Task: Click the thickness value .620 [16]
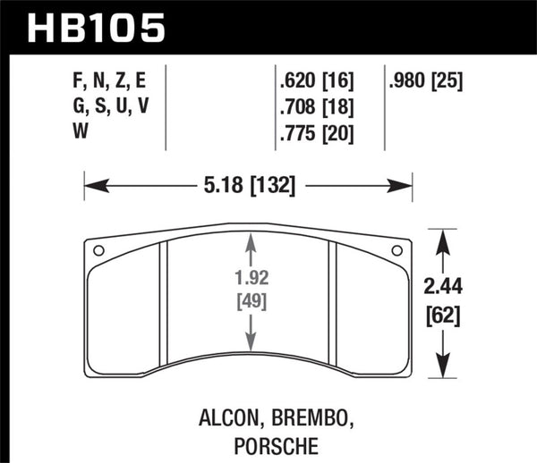[x=316, y=82]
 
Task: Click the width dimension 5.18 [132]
[x=244, y=187]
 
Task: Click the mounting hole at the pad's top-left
[x=98, y=250]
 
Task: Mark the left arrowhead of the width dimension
[x=90, y=187]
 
